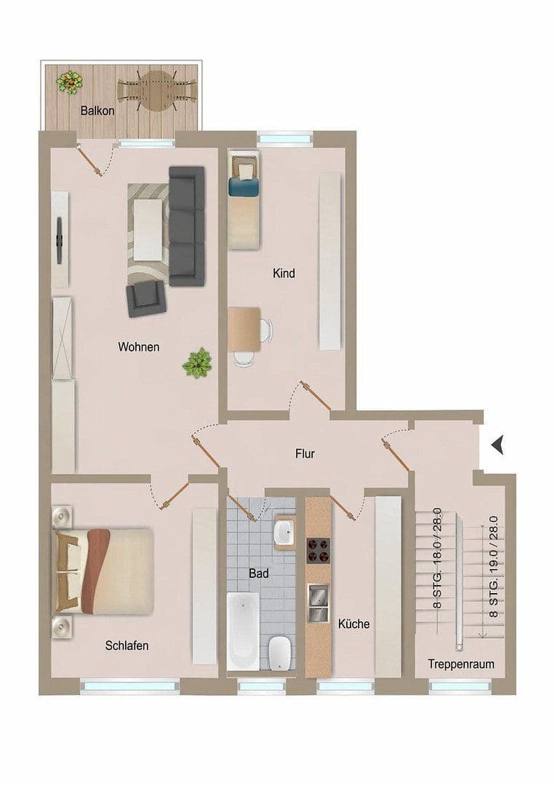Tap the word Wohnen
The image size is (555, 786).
tap(138, 347)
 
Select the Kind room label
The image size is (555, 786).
tap(284, 274)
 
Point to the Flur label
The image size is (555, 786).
tap(305, 454)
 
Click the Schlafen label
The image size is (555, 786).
tap(127, 646)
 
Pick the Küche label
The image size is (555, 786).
tap(354, 624)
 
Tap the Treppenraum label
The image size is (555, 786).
tap(461, 664)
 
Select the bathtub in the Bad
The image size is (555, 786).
tap(241, 630)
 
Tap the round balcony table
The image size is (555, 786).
tap(157, 90)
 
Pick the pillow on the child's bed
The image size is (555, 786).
tap(246, 170)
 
